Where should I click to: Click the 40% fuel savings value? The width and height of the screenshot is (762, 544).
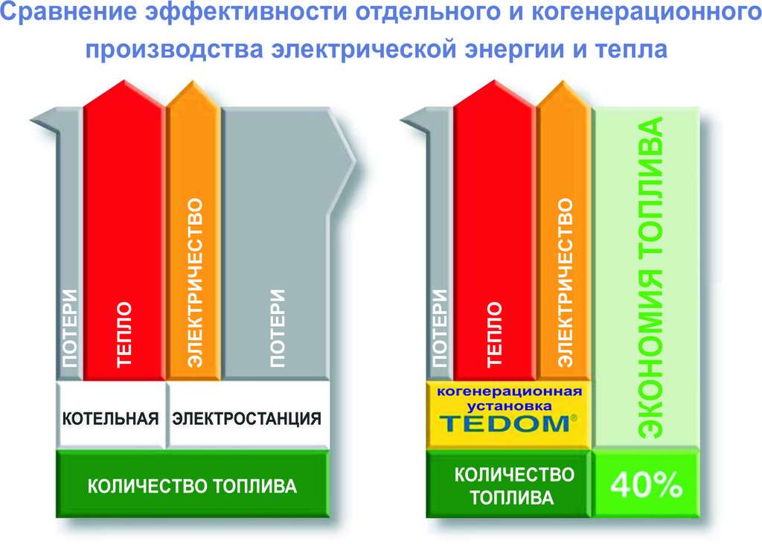(x=646, y=484)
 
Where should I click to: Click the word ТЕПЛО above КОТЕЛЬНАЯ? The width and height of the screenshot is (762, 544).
(x=124, y=334)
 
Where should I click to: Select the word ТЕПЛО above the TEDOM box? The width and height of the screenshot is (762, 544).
(x=493, y=334)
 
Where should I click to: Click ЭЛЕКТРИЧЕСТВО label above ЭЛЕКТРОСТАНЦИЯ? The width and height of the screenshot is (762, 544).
(x=194, y=283)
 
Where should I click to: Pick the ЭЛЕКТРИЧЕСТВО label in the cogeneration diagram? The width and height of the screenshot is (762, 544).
(x=564, y=283)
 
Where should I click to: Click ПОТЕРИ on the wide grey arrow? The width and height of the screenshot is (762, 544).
(x=278, y=328)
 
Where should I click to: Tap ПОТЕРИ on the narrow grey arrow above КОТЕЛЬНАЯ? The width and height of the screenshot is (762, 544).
(x=69, y=328)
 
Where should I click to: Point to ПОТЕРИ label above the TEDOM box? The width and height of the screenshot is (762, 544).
(x=439, y=328)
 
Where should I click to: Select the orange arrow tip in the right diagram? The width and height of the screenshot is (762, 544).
(x=564, y=82)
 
